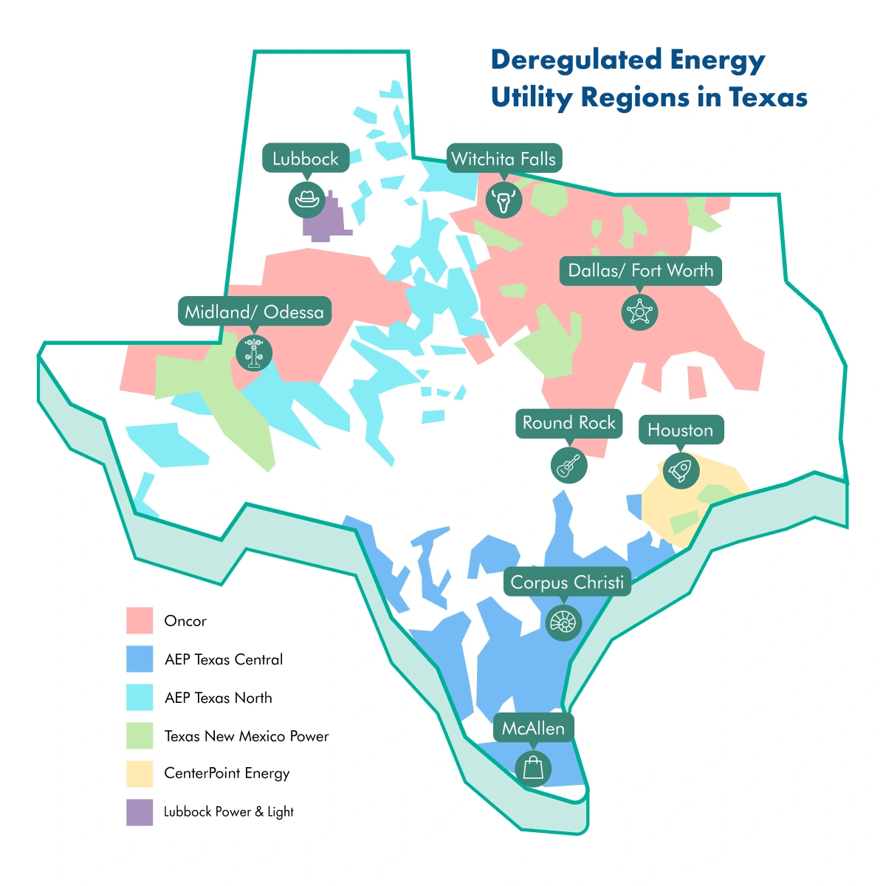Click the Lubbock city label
coord(306,159)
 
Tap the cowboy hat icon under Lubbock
coord(306,199)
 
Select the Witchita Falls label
coord(504,159)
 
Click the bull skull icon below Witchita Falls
coord(504,199)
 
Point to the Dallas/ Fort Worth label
coord(640,271)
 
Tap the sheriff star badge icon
coord(639,312)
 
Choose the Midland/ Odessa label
coord(255,312)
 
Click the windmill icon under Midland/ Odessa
coord(254,352)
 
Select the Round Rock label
coord(569,423)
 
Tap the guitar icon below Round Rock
coord(569,465)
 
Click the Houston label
coord(681,430)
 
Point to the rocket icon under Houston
coord(681,470)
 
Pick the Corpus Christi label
coord(567,583)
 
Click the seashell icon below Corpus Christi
coord(563,622)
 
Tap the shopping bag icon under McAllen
coord(532,768)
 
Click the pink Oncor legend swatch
coord(140,621)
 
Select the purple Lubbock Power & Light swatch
coord(140,812)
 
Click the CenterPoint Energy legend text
coord(227,773)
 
